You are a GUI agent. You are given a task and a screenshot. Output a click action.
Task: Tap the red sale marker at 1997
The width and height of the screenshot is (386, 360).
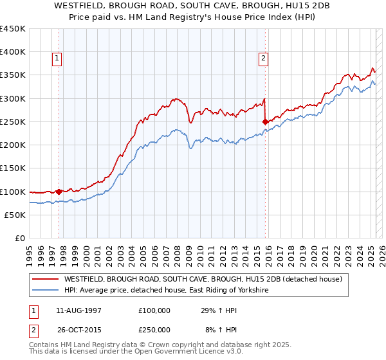click(x=59, y=192)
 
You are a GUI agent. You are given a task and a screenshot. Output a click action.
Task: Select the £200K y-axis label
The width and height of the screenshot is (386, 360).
click(x=14, y=145)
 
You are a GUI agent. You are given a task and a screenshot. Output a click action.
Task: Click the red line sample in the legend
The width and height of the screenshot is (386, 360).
click(x=46, y=279)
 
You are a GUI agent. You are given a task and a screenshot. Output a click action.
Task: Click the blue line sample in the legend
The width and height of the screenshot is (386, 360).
click(x=46, y=291)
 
